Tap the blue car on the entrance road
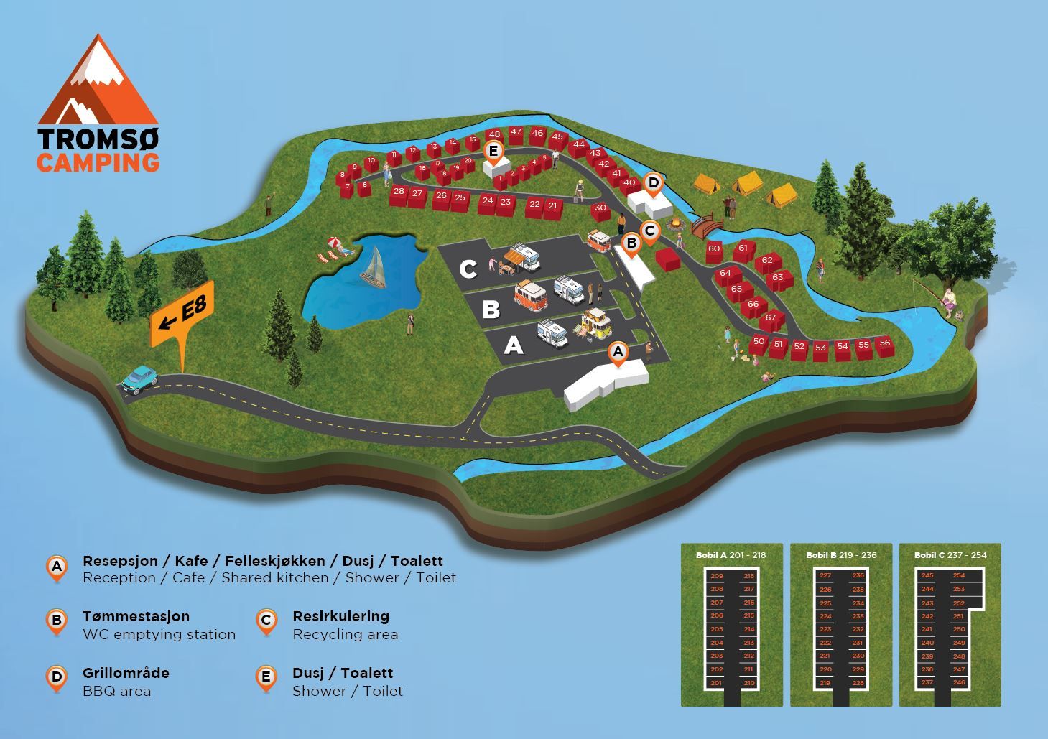click(139, 379)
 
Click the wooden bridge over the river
click(708, 226)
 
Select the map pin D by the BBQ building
click(653, 184)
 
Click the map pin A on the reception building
click(617, 353)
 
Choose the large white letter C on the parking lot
click(468, 269)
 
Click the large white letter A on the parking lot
click(513, 346)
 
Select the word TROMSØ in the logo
click(98, 139)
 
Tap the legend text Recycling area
click(345, 634)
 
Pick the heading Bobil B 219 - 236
click(841, 555)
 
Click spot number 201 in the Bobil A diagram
click(716, 683)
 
